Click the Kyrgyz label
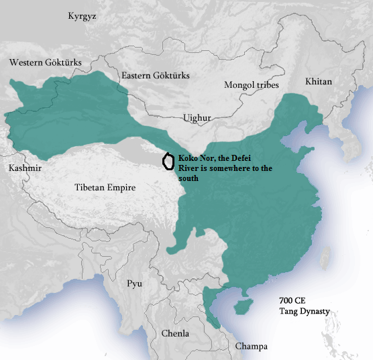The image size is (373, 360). [82, 16]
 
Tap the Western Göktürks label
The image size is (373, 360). [46, 62]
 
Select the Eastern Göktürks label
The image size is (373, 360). [156, 76]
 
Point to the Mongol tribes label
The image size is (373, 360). [252, 84]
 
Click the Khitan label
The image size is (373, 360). [318, 80]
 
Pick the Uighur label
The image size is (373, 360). [197, 118]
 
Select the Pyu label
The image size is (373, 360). [135, 284]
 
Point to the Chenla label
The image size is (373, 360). [176, 333]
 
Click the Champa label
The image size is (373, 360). [251, 346]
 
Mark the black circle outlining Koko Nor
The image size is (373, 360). [168, 162]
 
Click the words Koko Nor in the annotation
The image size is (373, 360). [194, 159]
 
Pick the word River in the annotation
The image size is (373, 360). [190, 169]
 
